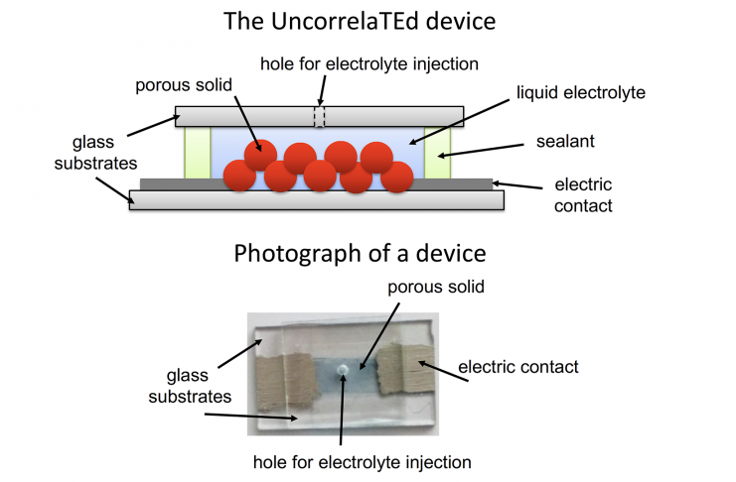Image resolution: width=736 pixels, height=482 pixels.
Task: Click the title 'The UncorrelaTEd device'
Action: [361, 21]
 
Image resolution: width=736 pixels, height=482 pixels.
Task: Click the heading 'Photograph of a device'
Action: [360, 253]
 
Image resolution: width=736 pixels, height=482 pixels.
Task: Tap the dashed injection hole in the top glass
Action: [320, 115]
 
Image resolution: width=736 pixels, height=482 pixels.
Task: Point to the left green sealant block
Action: [198, 152]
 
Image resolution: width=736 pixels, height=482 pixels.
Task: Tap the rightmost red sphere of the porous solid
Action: [397, 177]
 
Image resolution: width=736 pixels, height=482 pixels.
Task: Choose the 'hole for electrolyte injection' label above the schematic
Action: [369, 64]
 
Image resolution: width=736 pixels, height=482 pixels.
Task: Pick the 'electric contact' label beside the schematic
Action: [585, 195]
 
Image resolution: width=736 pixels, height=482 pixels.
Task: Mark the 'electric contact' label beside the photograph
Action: [517, 367]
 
